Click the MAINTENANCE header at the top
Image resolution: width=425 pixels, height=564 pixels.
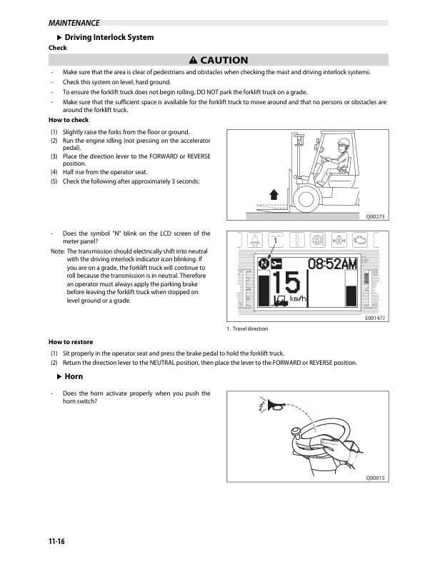coord(74,23)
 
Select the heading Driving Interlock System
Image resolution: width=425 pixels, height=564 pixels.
coord(109,37)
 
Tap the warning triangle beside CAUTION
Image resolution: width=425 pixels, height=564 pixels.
coord(194,60)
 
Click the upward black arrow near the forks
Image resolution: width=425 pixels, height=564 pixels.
coord(274,195)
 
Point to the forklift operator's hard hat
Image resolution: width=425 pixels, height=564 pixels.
coord(344,141)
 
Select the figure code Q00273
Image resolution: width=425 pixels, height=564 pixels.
coord(375,216)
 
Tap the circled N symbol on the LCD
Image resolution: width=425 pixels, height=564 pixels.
coord(264,264)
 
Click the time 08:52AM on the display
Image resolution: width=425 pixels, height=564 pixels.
coord(332,263)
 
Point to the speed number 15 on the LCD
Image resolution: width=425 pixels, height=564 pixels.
coord(286,283)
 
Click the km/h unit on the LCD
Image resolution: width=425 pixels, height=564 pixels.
coord(298,298)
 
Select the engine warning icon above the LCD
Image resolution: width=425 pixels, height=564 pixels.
coord(359,240)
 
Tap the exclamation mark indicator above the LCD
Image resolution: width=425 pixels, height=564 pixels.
coord(297,240)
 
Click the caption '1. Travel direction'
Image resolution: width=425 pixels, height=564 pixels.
coord(248,328)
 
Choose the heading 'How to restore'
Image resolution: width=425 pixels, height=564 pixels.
coord(71,342)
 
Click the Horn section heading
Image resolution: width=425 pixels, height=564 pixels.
coord(74,377)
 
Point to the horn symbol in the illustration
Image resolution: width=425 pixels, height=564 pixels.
coord(276,406)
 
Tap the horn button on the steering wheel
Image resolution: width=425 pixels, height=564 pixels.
coord(296,432)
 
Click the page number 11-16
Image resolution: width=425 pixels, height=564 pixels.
coord(56,541)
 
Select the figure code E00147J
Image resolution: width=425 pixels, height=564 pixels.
coord(375,318)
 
